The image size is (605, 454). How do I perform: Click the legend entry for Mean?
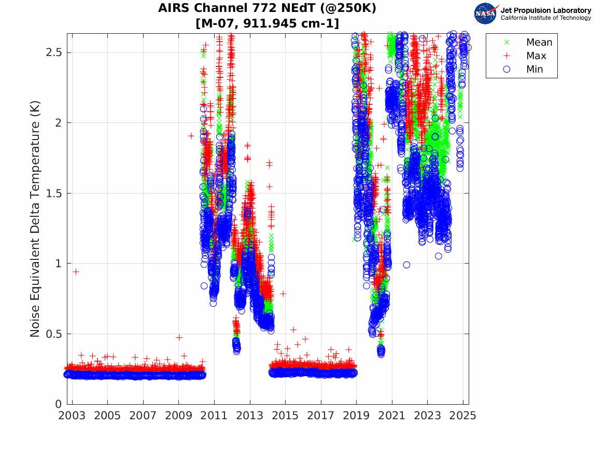(x=539, y=43)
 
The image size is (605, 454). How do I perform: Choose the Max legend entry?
(x=536, y=56)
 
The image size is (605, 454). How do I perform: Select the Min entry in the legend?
(x=535, y=70)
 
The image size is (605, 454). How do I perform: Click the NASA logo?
(x=486, y=13)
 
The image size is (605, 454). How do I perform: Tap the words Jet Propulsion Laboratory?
(x=545, y=10)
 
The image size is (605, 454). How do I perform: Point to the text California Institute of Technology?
(x=545, y=18)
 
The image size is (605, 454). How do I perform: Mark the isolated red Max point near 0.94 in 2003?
(x=76, y=271)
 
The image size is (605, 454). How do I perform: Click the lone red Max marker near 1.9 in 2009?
(x=191, y=136)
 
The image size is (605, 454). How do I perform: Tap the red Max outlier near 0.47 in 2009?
(x=179, y=337)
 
